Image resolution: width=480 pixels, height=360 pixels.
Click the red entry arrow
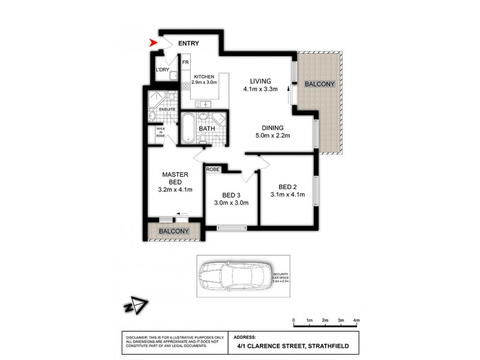tap(154, 43)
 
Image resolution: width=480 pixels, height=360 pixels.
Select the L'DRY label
tap(163, 70)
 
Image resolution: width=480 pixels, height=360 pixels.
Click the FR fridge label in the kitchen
tap(185, 62)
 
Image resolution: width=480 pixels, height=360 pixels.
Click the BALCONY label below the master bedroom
tap(173, 231)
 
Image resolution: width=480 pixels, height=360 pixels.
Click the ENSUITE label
tap(167, 110)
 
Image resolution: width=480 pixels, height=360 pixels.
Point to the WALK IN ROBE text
tap(161, 132)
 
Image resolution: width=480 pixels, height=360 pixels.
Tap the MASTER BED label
tap(176, 179)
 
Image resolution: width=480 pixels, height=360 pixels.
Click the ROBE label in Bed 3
tap(213, 169)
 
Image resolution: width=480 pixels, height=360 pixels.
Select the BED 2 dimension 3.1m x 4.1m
tap(287, 194)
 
